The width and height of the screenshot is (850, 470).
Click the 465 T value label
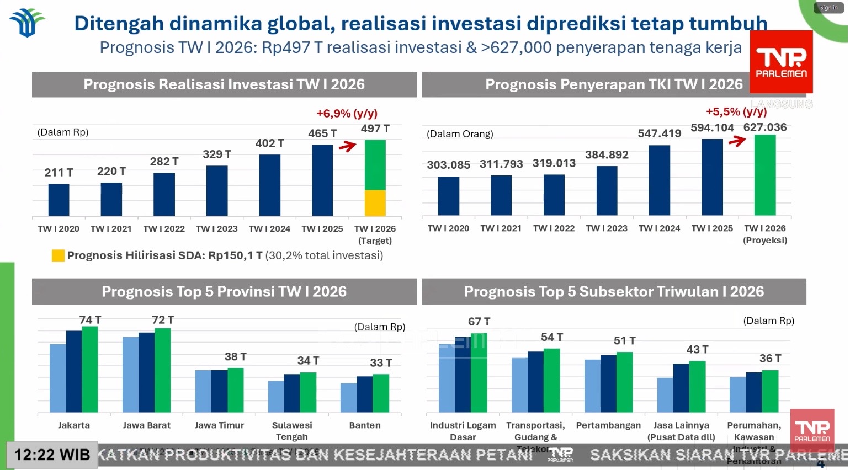322,133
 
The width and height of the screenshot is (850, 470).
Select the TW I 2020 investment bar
59,200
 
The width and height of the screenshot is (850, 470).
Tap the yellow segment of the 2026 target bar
375,203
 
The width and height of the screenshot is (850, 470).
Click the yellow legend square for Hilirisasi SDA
58,255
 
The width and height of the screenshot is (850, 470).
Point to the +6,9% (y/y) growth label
347,114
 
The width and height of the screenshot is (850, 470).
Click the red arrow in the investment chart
348,146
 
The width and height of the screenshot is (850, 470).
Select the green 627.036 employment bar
765,175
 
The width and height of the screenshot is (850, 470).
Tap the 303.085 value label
448,165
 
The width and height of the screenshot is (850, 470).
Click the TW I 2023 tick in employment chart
607,228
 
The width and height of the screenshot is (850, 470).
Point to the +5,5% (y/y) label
736,112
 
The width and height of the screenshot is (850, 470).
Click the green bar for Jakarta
90,370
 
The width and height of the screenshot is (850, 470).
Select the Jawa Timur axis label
219,425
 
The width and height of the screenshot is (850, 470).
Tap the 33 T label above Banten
381,363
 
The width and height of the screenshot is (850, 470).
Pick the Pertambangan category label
608,425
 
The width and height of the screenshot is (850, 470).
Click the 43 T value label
697,350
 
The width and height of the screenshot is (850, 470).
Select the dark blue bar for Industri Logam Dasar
463,375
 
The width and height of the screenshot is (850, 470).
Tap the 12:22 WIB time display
52,455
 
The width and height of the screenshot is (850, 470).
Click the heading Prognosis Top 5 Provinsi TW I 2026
224,292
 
